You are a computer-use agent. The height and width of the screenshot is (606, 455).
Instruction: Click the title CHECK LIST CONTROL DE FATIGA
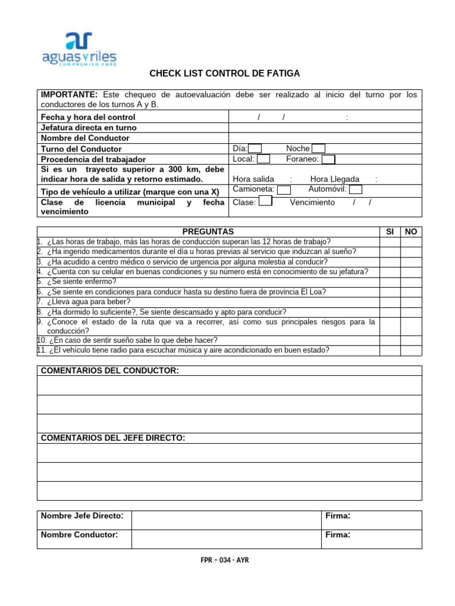[x=225, y=73]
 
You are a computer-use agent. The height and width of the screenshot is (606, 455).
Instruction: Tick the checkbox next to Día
[x=255, y=149]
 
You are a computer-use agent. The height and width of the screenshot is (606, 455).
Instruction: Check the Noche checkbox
[x=318, y=149]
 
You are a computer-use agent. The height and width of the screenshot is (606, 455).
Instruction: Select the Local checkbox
[x=264, y=159]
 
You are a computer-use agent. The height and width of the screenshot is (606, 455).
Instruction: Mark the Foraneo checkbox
[x=328, y=159]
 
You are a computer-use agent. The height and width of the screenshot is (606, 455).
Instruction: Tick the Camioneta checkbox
[x=284, y=190]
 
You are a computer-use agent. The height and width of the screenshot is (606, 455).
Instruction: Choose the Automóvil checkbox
[x=355, y=190]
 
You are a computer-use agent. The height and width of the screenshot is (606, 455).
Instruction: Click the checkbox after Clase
[x=266, y=201]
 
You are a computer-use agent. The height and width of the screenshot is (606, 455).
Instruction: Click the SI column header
[x=390, y=232]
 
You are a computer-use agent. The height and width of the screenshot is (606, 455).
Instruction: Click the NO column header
[x=411, y=232]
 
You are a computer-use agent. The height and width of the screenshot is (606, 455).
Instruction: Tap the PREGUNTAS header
[x=208, y=232]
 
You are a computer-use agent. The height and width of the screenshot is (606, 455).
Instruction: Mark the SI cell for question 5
[x=390, y=282]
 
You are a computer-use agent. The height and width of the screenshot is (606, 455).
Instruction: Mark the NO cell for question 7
[x=411, y=302]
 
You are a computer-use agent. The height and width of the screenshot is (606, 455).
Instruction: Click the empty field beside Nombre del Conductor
[x=325, y=138]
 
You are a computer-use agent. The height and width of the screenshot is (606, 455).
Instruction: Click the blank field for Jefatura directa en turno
[x=325, y=128]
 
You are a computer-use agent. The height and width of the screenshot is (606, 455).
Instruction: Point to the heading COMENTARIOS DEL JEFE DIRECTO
[x=113, y=438]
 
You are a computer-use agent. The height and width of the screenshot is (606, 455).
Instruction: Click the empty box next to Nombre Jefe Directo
[x=226, y=520]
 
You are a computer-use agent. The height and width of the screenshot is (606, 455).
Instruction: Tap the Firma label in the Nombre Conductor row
[x=338, y=535]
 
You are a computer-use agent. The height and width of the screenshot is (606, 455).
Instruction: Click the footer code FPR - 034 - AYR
[x=225, y=560]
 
